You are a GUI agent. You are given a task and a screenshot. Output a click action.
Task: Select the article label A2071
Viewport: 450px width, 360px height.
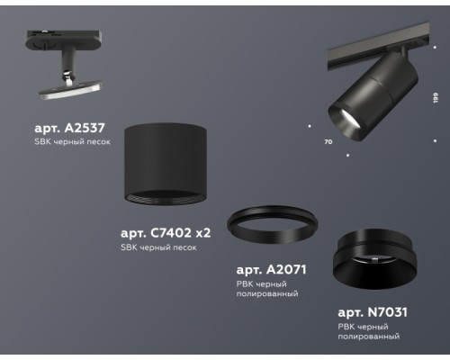(267, 269)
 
